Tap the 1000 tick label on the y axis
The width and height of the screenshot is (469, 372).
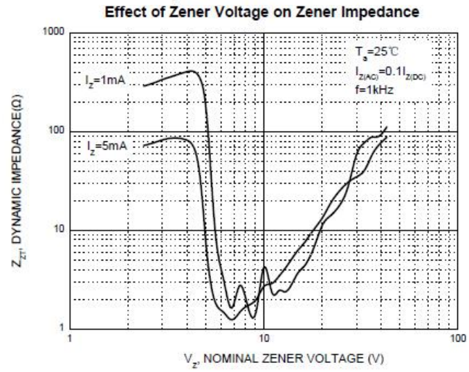(x=53, y=33)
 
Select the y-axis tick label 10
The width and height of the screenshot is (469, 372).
(x=58, y=230)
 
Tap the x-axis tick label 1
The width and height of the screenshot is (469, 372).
(x=71, y=339)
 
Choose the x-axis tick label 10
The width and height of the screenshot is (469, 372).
(x=264, y=339)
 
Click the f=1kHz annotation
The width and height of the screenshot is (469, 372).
(x=370, y=89)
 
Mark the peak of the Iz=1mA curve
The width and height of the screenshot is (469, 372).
(x=192, y=71)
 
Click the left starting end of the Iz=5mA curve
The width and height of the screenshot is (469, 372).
(x=143, y=145)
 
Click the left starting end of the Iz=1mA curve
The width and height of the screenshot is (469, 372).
(x=143, y=85)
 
